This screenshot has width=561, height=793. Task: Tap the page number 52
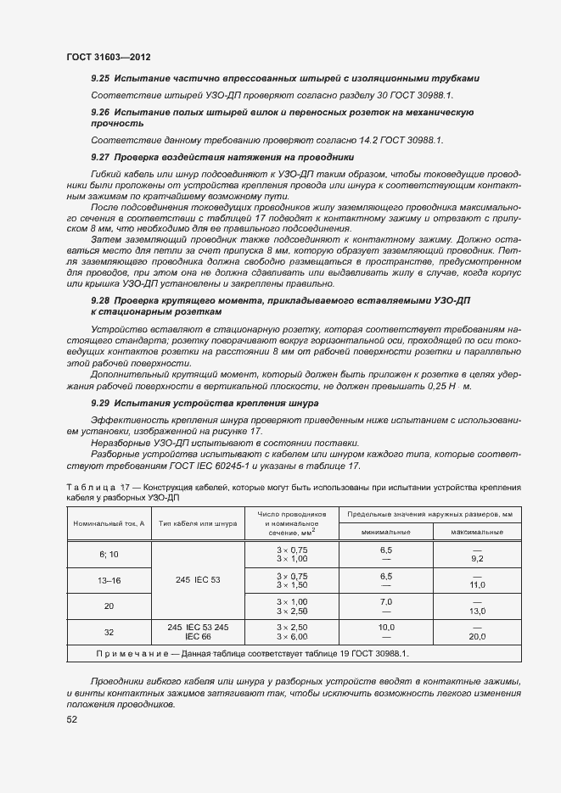tap(72, 719)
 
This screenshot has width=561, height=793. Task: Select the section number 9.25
tap(101, 79)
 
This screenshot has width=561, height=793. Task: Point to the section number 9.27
tap(101, 158)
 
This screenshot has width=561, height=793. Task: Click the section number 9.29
tap(101, 404)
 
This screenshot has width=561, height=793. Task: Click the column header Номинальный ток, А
tap(109, 523)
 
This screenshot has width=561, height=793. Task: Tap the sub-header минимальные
tap(386, 532)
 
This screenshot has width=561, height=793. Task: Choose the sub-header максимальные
tap(477, 532)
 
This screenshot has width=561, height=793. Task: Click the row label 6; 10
tap(109, 554)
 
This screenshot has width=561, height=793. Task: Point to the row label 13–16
tap(109, 580)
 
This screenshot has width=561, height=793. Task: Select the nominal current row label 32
tap(109, 632)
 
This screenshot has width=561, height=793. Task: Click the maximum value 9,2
tap(477, 559)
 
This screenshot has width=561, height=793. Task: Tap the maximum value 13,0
tap(477, 611)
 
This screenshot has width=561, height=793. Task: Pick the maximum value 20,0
tap(477, 637)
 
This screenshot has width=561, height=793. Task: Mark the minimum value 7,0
tap(386, 600)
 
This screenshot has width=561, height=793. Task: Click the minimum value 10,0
tap(386, 627)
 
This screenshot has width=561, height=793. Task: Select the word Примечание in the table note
tap(133, 654)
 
